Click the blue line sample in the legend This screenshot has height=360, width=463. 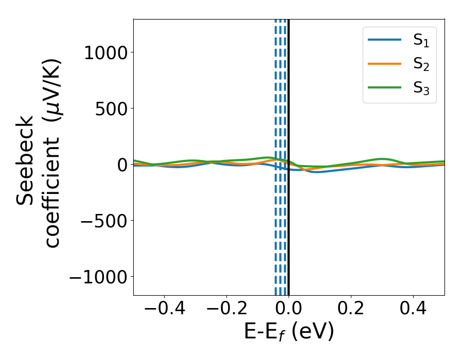[384, 40]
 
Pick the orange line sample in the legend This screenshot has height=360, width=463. [384, 64]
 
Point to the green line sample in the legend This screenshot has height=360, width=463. [384, 87]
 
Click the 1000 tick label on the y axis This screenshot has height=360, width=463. [106, 52]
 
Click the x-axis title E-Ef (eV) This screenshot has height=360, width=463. [289, 332]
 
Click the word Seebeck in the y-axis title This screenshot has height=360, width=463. [26, 160]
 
